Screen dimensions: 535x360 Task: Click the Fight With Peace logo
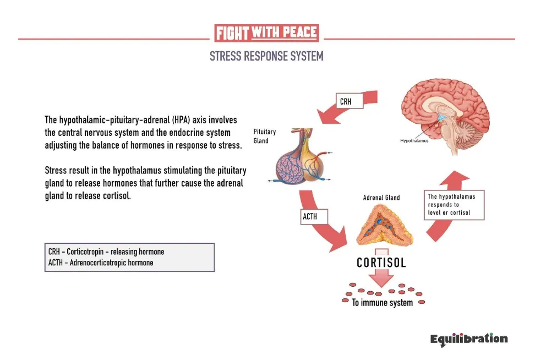266,33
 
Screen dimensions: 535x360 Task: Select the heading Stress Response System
266,56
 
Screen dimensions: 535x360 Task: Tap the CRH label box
350,101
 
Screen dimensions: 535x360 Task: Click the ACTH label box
314,216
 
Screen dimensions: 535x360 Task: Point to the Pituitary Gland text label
265,136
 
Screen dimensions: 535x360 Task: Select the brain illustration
445,116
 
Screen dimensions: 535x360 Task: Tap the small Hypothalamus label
414,140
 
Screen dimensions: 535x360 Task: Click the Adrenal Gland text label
381,198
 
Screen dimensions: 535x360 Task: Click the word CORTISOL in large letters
381,263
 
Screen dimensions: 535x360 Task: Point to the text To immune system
382,303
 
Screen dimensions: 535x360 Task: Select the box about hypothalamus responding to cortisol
454,205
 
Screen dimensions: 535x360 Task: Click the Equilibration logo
469,339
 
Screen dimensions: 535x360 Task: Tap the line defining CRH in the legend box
106,252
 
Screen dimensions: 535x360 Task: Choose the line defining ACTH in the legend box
101,263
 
